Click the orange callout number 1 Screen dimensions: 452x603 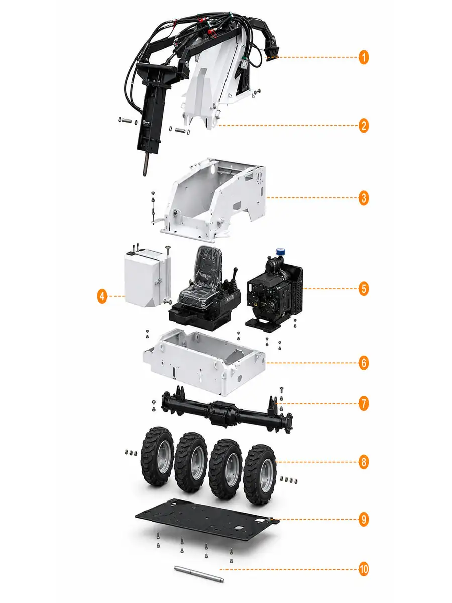363,58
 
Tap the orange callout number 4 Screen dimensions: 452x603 102,296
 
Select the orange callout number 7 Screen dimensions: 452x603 363,404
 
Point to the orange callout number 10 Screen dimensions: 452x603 363,569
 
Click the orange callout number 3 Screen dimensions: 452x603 363,198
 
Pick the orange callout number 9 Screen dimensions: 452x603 363,519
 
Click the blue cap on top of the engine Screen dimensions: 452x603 280,252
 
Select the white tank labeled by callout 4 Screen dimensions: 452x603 147,278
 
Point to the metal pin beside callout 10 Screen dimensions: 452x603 199,574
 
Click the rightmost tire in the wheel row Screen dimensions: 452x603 260,474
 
